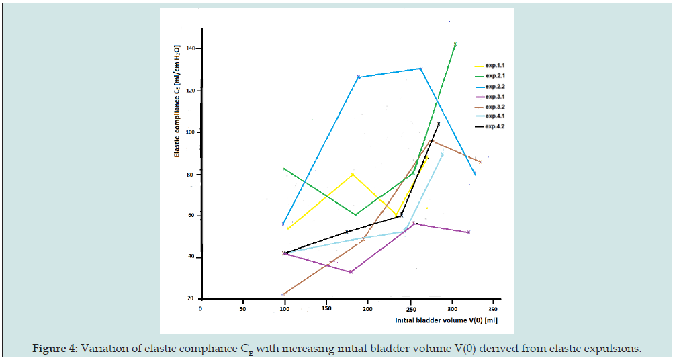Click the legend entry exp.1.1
pos(494,66)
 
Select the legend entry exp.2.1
pos(494,76)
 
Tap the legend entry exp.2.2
pos(494,86)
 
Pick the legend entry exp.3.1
pos(494,96)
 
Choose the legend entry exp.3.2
pos(494,106)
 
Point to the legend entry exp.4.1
pos(494,116)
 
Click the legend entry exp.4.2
pos(494,126)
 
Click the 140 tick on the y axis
pos(191,48)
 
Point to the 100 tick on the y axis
pos(191,132)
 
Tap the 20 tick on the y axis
pos(191,299)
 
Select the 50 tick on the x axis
pos(242,308)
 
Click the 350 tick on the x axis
pos(494,308)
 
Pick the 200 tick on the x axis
pos(368,308)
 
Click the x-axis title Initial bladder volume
pos(446,322)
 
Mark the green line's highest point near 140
pos(455,44)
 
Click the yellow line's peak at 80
pos(353,174)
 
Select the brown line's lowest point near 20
pos(284,294)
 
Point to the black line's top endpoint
pos(439,124)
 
